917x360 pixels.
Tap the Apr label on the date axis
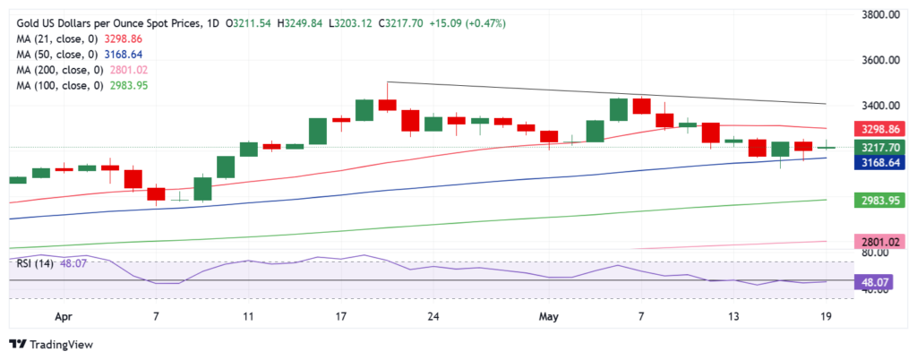click(64, 316)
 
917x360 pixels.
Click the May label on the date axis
click(547, 316)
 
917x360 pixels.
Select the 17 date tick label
click(340, 316)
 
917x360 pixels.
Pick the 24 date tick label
click(433, 316)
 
